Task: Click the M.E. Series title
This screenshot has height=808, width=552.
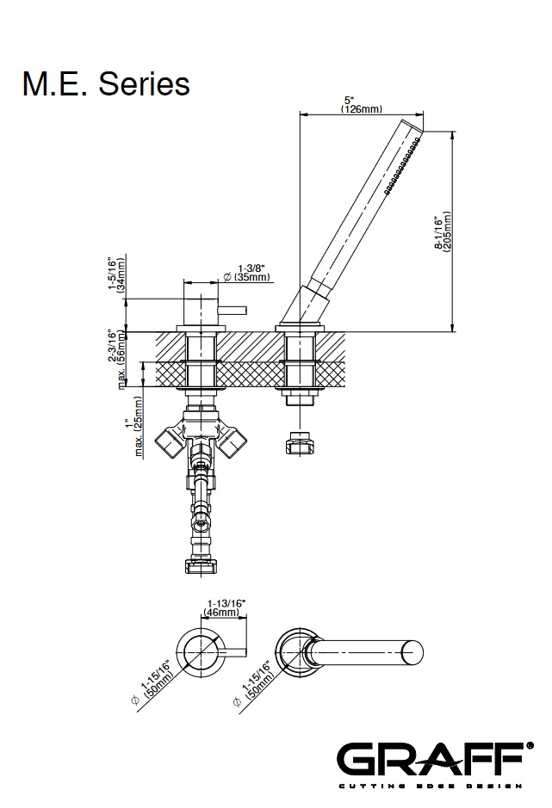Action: (x=106, y=83)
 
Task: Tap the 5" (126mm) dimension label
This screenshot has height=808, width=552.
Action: (x=361, y=105)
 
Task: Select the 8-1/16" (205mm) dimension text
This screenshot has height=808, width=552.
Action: (x=443, y=231)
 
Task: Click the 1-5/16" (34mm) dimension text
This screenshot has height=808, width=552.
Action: (x=116, y=274)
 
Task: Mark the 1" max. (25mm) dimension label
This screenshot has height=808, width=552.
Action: (x=133, y=426)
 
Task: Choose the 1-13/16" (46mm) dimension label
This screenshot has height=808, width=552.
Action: (x=226, y=608)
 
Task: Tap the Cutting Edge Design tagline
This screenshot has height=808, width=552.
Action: (x=431, y=786)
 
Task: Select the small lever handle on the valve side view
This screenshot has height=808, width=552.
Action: (x=233, y=311)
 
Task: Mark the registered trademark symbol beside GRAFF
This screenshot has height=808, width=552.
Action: (x=530, y=746)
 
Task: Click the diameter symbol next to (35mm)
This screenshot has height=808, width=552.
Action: (x=227, y=277)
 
